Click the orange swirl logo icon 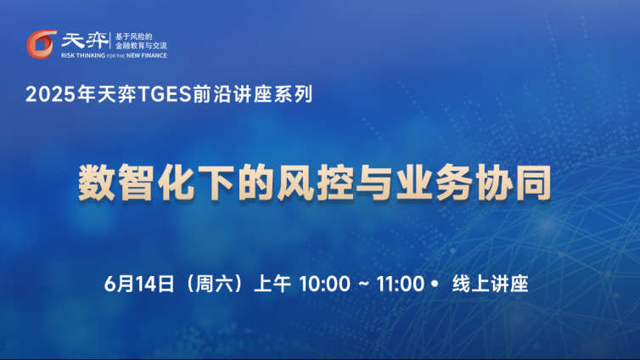click(41, 44)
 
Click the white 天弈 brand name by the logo click(86, 41)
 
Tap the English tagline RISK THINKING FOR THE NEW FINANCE click(114, 55)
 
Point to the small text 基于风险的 click(133, 37)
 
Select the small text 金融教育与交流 click(141, 46)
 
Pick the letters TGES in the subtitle click(166, 94)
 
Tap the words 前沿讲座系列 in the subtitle click(252, 94)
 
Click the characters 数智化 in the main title click(136, 183)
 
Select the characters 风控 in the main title click(315, 183)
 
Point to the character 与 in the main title click(373, 183)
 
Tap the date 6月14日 click(139, 284)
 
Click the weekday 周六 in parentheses click(214, 284)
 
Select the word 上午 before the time click(272, 284)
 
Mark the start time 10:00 click(325, 284)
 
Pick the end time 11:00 click(401, 284)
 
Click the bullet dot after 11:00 click(434, 284)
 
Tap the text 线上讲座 click(491, 284)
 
